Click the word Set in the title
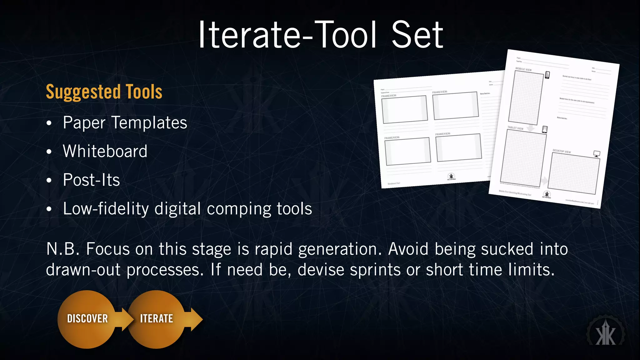(x=417, y=35)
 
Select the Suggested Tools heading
(x=104, y=92)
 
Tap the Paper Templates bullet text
(x=125, y=122)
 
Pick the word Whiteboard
(x=105, y=151)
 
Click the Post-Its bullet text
(x=91, y=180)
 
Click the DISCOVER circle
(x=87, y=319)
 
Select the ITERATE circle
(x=156, y=319)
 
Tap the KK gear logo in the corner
(x=606, y=333)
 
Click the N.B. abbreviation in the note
(x=63, y=249)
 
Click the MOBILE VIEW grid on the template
(x=526, y=97)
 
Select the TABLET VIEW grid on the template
(x=523, y=158)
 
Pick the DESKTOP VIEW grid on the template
(x=574, y=174)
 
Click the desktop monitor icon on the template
(x=597, y=154)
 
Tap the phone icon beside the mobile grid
(x=547, y=75)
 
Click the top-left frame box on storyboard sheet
(x=404, y=109)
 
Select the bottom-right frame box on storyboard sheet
(x=458, y=147)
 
